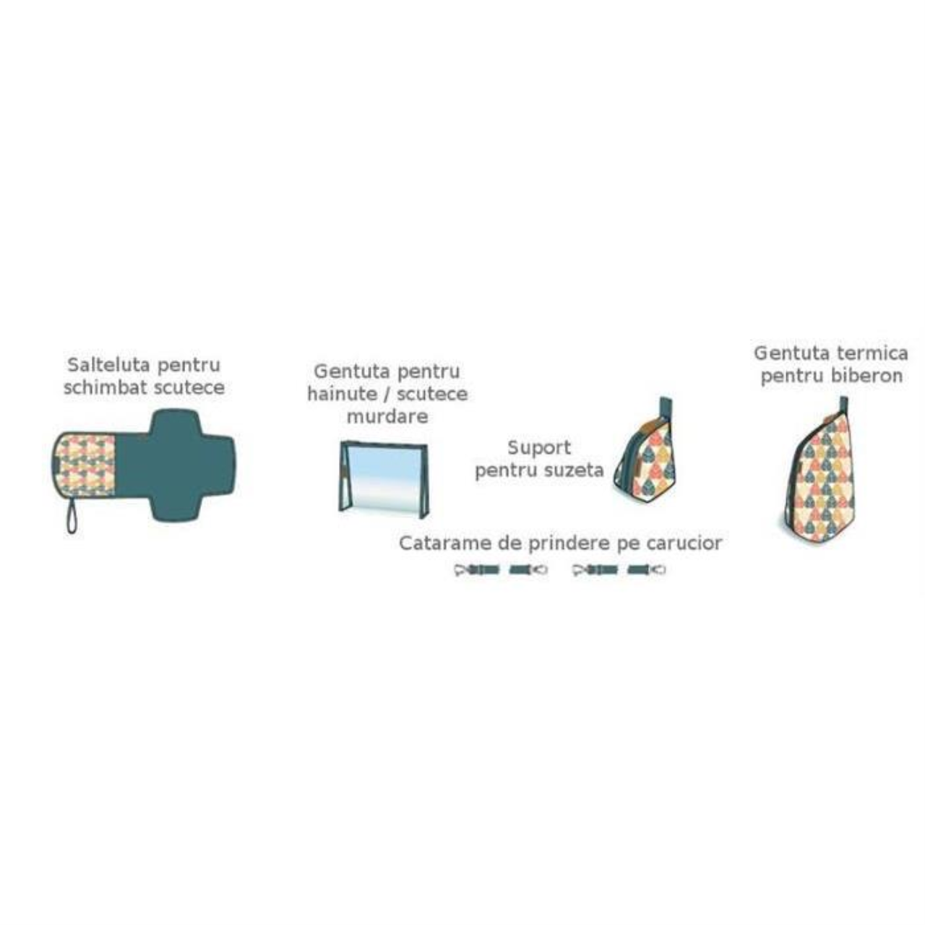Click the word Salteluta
[x=109, y=365]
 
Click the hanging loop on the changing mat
[x=72, y=515]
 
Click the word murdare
[x=387, y=417]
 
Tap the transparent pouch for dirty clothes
[x=384, y=479]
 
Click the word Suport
[x=539, y=448]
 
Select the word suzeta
[x=573, y=470]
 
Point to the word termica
[x=872, y=354]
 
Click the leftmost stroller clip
[x=477, y=570]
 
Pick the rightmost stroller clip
[x=647, y=570]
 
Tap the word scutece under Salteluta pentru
[x=191, y=388]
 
